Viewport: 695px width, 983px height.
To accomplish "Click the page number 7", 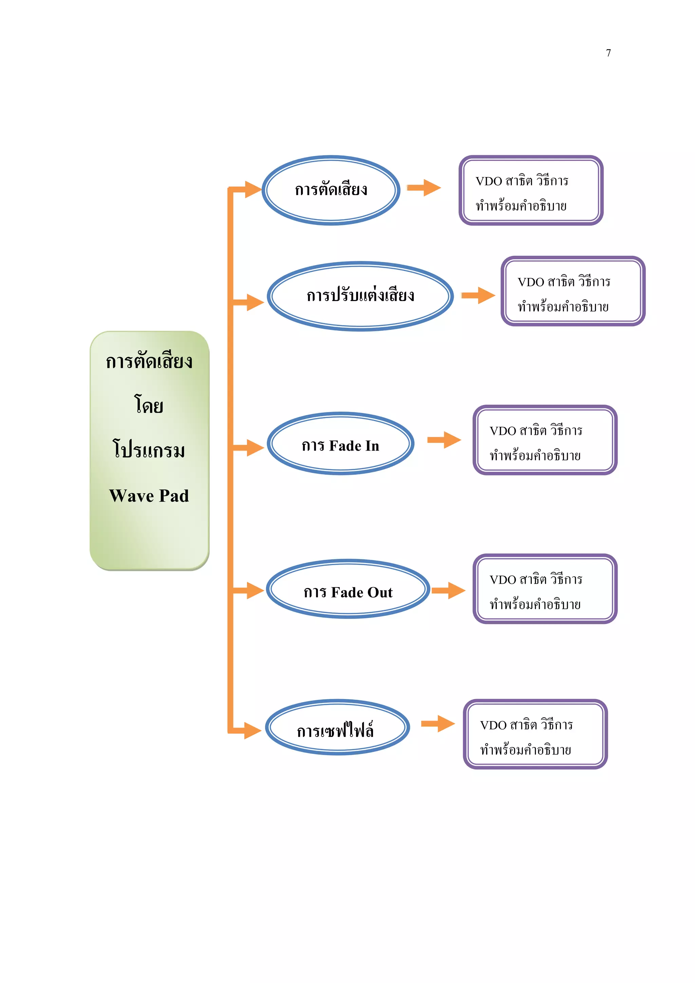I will click(x=608, y=53).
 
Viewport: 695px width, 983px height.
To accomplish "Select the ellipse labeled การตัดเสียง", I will click(x=331, y=190).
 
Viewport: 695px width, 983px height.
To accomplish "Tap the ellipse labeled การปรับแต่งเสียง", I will click(x=360, y=296).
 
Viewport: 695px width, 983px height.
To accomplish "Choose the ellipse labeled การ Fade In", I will click(x=340, y=444).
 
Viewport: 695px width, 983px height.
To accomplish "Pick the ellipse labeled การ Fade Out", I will click(x=348, y=589).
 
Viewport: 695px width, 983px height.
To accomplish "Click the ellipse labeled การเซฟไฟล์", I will click(x=337, y=727).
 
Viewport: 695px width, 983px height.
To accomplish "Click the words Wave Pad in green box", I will click(x=149, y=496).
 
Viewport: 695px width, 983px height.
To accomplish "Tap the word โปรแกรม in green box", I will click(x=149, y=450).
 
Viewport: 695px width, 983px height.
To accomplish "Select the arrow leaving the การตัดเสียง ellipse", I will click(x=424, y=188).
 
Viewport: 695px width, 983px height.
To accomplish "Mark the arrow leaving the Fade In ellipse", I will click(x=445, y=440).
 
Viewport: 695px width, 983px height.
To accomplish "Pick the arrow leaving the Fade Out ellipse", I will click(x=448, y=590).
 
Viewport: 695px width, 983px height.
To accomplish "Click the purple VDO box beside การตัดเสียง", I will click(x=530, y=190).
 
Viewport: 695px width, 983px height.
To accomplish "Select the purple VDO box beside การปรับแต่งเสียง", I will click(x=572, y=291).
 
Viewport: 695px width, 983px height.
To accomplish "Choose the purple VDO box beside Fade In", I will click(x=544, y=440).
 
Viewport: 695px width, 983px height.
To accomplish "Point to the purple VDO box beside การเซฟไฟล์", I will click(x=535, y=734).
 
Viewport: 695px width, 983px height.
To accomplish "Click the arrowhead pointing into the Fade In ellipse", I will click(x=256, y=448).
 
